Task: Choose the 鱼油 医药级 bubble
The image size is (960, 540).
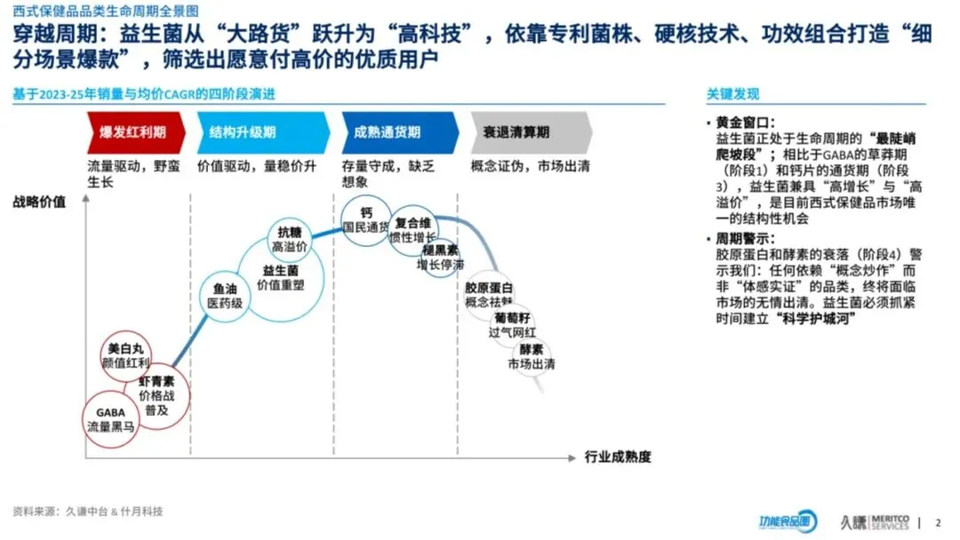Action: (225, 296)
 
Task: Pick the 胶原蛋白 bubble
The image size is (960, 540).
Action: (490, 295)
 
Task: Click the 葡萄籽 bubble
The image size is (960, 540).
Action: (514, 324)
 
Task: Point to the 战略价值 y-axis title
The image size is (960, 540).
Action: (39, 201)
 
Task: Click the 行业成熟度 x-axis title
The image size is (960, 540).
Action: (618, 457)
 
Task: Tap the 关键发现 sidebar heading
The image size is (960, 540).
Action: (732, 94)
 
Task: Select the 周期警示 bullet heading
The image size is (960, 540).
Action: (746, 240)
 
